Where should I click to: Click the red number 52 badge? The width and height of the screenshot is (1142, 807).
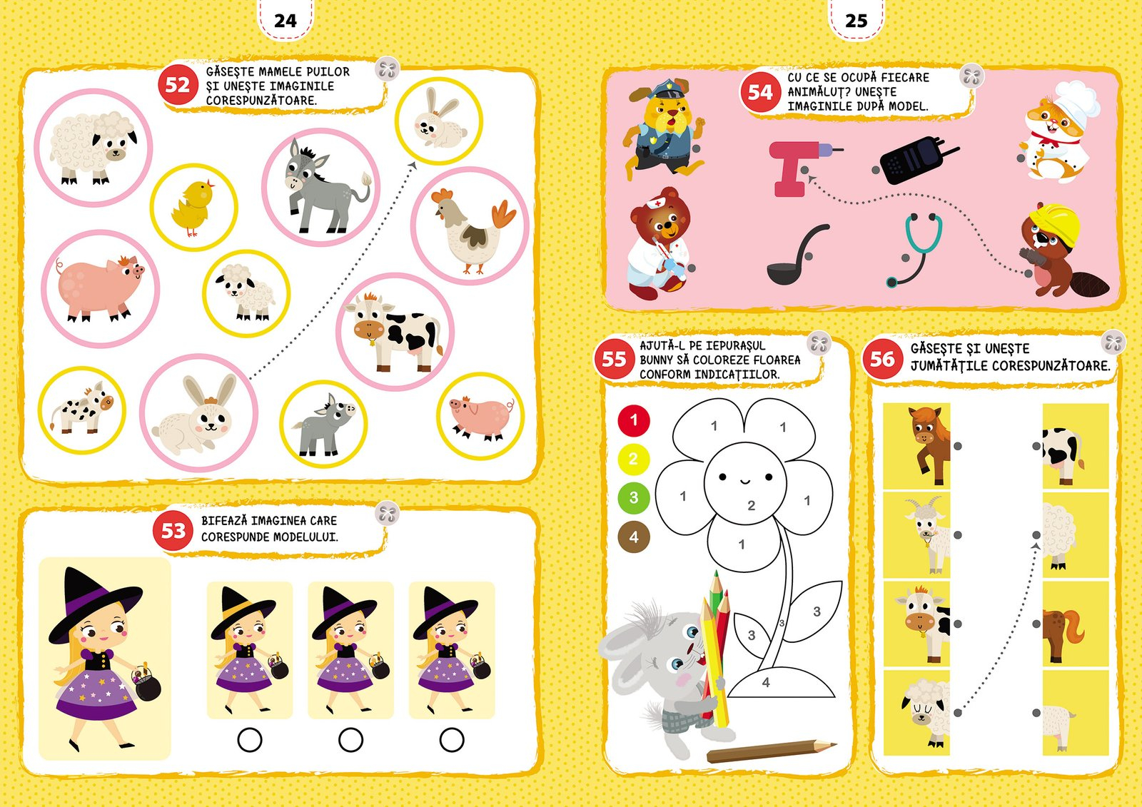point(177,85)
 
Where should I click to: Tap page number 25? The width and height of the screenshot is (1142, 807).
point(856,21)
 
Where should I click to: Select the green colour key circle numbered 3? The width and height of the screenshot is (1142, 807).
point(634,497)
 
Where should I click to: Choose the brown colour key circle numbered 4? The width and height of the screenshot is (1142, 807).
point(634,537)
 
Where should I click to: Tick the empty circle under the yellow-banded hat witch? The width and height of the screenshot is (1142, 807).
point(250,740)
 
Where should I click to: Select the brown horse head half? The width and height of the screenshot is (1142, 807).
point(929,445)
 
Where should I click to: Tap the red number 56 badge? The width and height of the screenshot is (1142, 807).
point(882,359)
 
